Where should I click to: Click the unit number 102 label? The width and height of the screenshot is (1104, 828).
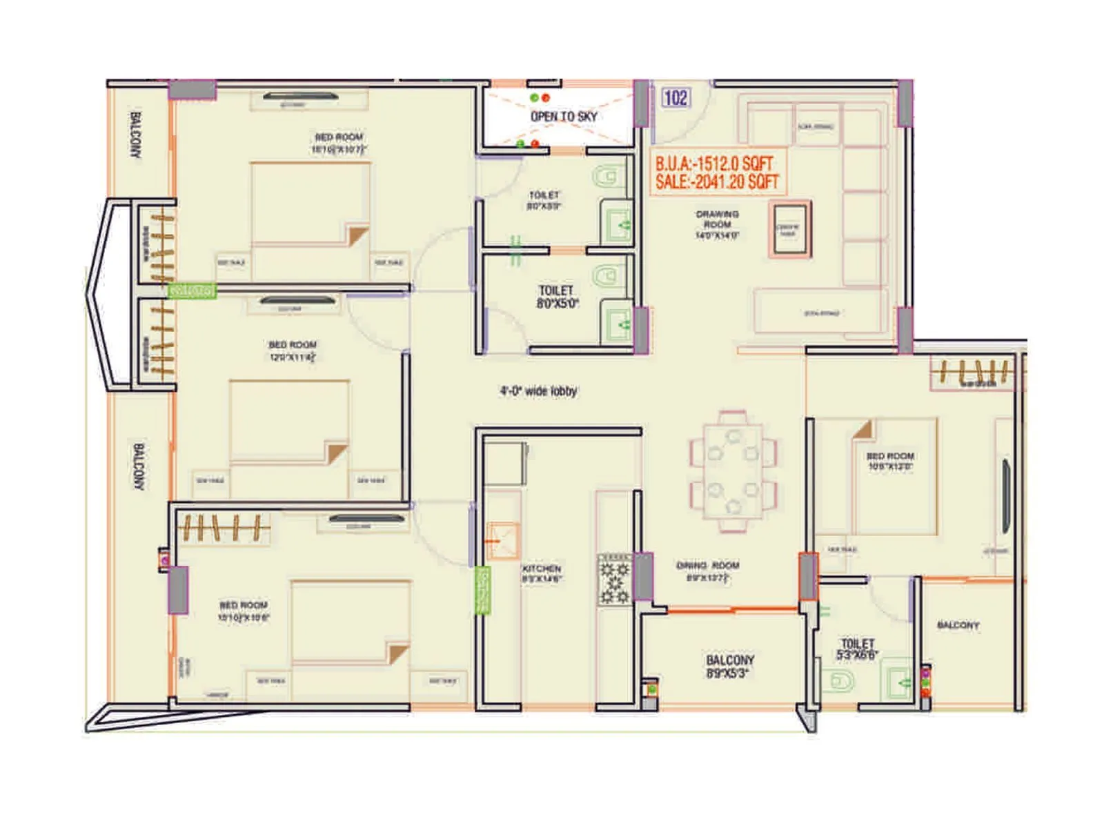pos(675,98)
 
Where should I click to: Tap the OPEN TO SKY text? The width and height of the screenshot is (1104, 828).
pos(563,117)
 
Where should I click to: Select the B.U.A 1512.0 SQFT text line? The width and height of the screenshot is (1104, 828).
pos(713,164)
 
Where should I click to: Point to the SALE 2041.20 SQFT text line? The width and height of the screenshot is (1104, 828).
pos(716,181)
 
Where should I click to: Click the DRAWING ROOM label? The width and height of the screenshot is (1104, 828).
pos(717,224)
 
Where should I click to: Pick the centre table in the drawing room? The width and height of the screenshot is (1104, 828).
pos(790,229)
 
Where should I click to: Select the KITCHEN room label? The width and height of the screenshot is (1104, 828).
pos(542,573)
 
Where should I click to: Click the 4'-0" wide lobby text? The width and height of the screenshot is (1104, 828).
pos(538,391)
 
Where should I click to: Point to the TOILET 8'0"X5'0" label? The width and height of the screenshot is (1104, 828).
pos(556,297)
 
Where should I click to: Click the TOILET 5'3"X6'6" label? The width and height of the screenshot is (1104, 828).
pos(857,649)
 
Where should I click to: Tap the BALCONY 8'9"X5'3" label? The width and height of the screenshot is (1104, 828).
pos(729,667)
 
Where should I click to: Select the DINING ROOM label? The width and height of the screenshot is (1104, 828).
pos(707,571)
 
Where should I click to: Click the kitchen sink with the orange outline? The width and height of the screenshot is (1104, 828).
pos(502,540)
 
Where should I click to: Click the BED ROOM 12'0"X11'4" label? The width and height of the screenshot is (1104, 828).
pos(293,351)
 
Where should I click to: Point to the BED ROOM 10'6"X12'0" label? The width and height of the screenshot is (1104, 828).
pos(890,461)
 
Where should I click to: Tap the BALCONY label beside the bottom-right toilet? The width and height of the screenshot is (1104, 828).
pos(958,625)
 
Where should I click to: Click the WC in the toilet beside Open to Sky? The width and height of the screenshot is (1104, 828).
pos(607,176)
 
